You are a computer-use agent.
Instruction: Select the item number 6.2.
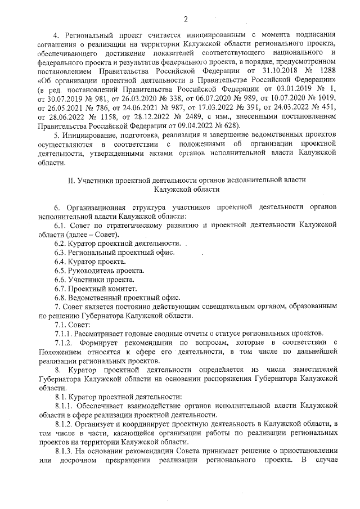pos(60,244)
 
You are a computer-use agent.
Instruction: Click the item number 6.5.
pos(60,271)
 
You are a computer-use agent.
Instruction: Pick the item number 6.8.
pos(60,297)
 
